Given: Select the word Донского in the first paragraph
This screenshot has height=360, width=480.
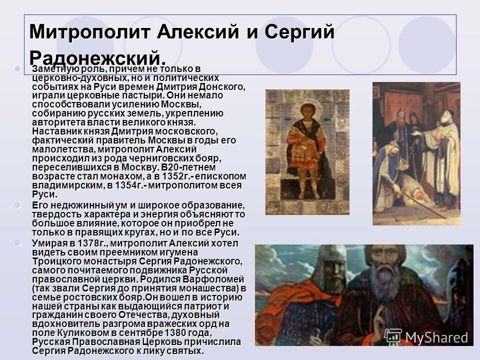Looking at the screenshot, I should [x=220, y=86].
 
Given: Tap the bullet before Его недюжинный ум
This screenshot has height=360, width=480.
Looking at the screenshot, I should [x=18, y=205].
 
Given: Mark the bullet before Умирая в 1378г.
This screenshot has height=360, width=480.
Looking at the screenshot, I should [x=18, y=243].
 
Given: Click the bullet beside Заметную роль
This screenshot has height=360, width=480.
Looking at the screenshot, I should [x=18, y=68].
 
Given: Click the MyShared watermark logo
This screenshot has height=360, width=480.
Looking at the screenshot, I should [x=427, y=336].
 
